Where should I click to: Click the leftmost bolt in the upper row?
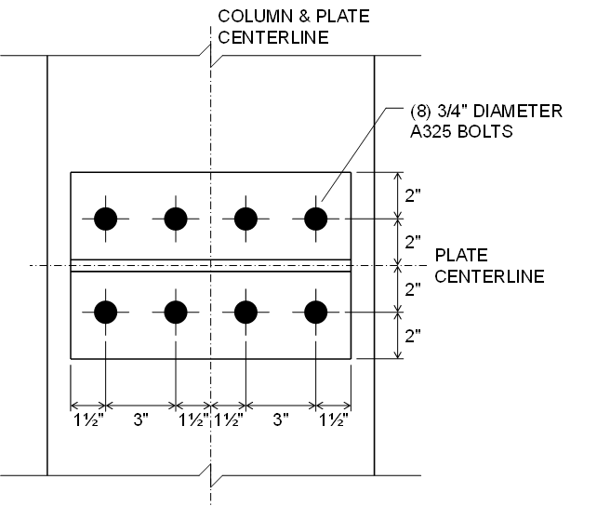[106, 219]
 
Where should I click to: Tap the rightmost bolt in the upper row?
[316, 219]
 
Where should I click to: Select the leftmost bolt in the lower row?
[106, 311]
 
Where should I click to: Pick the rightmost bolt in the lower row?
[316, 311]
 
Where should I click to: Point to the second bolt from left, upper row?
[176, 219]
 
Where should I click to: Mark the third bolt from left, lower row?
[246, 311]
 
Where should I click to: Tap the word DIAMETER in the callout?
[517, 113]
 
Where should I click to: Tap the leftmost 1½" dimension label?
[89, 420]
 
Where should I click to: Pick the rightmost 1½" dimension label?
[333, 420]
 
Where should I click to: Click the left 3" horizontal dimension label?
[141, 420]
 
